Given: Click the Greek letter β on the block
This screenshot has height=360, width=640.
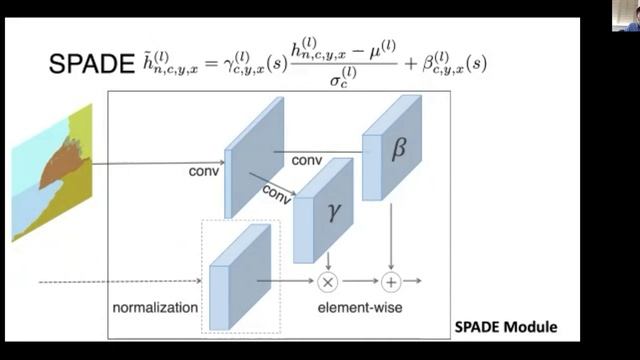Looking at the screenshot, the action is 398,148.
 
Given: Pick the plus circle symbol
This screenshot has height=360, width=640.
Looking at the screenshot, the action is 391,282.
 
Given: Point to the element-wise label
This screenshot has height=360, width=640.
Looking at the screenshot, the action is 360,307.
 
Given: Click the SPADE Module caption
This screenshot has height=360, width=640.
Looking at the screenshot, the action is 505,327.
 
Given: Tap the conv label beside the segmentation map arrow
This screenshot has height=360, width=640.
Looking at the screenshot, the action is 204,170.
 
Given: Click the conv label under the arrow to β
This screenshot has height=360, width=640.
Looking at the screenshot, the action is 306,160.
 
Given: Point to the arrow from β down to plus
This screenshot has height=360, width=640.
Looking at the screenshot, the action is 391,235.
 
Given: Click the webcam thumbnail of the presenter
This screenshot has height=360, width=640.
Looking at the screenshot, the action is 626,15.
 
